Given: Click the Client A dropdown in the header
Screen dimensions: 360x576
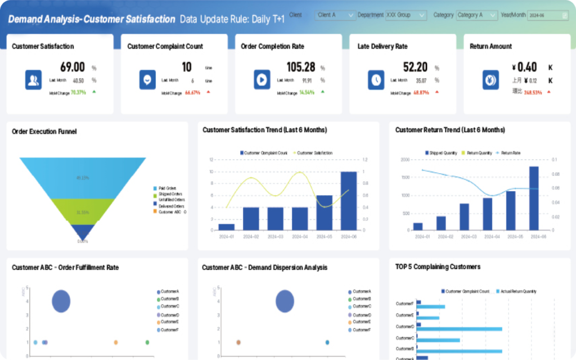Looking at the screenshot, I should [335, 15].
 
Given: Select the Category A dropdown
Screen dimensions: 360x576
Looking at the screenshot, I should [476, 15].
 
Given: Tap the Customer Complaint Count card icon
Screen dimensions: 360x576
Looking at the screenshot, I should [147, 80].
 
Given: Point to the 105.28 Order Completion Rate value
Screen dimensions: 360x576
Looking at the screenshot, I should [301, 67].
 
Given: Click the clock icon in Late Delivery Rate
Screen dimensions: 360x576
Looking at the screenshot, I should [376, 80].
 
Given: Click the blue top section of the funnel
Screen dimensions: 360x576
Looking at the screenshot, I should [83, 177].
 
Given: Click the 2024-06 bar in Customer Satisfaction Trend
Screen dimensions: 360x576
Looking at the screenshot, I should [349, 201].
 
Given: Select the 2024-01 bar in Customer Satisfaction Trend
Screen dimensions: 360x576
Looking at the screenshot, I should [227, 227].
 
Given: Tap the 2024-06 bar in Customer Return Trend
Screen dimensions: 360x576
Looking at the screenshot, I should [534, 199].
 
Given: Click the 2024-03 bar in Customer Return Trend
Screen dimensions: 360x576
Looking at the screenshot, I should [464, 217].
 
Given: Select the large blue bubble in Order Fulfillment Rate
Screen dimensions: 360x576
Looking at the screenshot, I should [61, 301].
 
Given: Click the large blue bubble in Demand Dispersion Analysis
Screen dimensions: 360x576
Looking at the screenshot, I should [285, 301].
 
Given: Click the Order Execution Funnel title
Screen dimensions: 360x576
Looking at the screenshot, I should [44, 132].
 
